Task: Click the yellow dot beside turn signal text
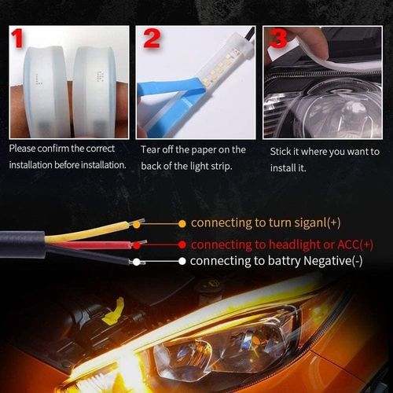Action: pos(182,223)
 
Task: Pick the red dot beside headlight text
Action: pos(182,244)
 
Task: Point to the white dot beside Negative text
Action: pos(182,261)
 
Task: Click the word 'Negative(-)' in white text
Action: pos(323,261)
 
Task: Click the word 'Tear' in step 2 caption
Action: pos(152,149)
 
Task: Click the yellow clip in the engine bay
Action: pos(111,313)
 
